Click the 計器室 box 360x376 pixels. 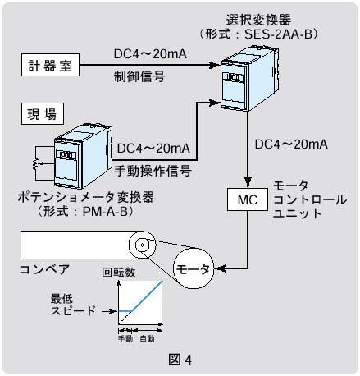pyautogui.click(x=51, y=65)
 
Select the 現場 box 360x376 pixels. pyautogui.click(x=43, y=113)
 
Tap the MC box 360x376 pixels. pyautogui.click(x=248, y=199)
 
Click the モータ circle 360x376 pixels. pyautogui.click(x=194, y=268)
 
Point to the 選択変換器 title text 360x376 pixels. pyautogui.click(x=258, y=20)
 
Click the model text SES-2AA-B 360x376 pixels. pyautogui.click(x=278, y=34)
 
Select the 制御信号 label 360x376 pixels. pyautogui.click(x=139, y=76)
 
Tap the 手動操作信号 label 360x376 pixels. pyautogui.click(x=153, y=171)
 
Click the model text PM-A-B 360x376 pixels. pyautogui.click(x=106, y=212)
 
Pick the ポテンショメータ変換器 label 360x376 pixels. pyautogui.click(x=85, y=197)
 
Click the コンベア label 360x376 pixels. pyautogui.click(x=44, y=269)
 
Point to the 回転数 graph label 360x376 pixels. pyautogui.click(x=119, y=273)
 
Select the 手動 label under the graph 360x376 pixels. pyautogui.click(x=125, y=338)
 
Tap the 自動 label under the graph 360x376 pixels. pyautogui.click(x=147, y=338)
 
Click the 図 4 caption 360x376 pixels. pyautogui.click(x=180, y=360)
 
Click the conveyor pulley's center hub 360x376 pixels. pyautogui.click(x=142, y=245)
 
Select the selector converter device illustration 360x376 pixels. pyautogui.click(x=249, y=78)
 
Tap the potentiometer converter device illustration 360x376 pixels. pyautogui.click(x=83, y=156)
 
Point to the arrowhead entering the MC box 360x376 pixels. pyautogui.click(x=248, y=182)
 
